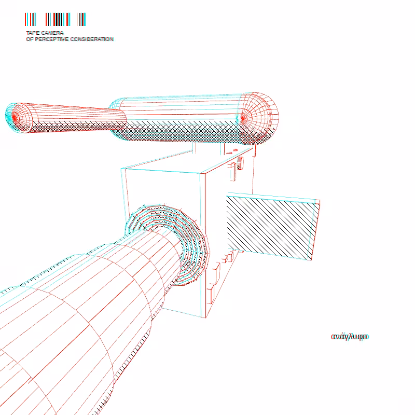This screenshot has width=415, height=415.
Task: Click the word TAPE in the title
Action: tap(33, 33)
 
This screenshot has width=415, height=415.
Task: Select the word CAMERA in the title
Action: tap(53, 33)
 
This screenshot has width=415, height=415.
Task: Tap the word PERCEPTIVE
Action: tap(52, 39)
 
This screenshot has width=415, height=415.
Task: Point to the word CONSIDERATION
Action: tap(92, 39)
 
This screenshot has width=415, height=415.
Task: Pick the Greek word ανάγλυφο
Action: tap(350, 337)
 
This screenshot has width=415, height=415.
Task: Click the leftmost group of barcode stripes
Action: tap(31, 19)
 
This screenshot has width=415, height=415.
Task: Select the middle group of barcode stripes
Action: tap(58, 19)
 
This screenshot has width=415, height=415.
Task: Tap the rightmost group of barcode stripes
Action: tap(81, 19)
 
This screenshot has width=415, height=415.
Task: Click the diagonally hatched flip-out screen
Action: tap(273, 228)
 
